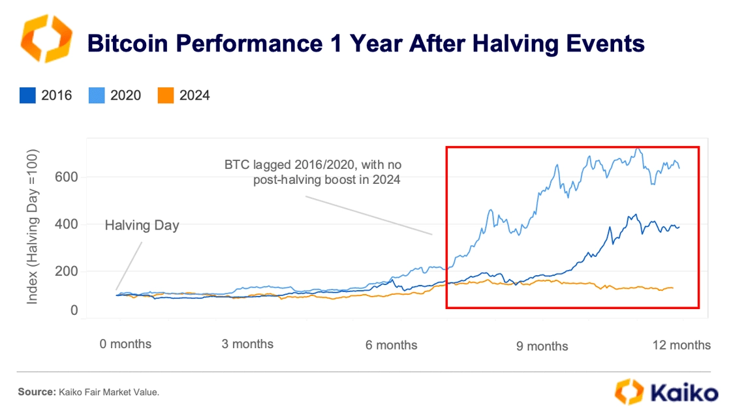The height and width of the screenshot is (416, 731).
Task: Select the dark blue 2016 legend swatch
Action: click(x=28, y=95)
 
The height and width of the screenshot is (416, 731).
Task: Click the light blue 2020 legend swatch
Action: click(x=97, y=95)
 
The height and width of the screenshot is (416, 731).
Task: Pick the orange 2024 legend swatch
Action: click(x=166, y=95)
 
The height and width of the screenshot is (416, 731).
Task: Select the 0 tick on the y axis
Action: click(x=74, y=310)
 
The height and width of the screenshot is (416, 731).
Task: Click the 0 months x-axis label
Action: click(x=125, y=344)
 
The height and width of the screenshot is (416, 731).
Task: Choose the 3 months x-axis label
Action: click(x=247, y=344)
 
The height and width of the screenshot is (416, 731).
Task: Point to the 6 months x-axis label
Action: click(x=391, y=345)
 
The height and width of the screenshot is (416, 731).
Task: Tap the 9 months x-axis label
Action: click(x=542, y=346)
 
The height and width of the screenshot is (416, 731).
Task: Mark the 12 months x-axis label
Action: click(x=681, y=345)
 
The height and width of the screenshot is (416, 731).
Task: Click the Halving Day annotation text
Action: click(x=142, y=226)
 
